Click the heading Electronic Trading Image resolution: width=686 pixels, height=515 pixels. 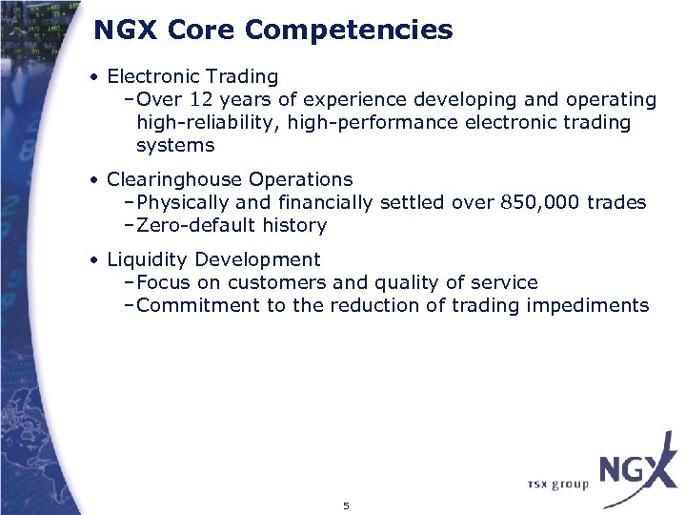pos(192,76)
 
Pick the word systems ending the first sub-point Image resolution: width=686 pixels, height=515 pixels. pos(175,145)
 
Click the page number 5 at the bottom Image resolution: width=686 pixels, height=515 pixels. pos(346,505)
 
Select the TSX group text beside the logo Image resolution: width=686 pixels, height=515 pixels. pos(557,484)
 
